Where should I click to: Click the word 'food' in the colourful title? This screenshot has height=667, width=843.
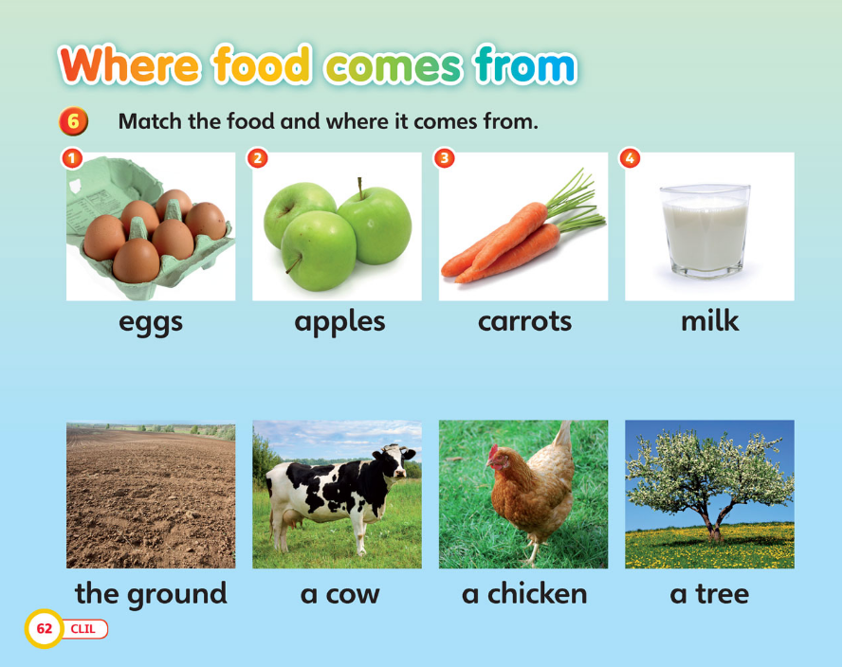click(263, 65)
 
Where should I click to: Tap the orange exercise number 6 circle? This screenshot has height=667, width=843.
click(74, 121)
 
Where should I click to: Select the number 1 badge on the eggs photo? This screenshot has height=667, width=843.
click(72, 158)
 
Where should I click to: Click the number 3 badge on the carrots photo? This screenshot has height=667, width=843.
click(444, 158)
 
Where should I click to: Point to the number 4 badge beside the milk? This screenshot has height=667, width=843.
click(630, 158)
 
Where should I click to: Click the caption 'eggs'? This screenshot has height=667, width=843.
click(151, 323)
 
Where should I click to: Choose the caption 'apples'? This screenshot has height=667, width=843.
click(339, 322)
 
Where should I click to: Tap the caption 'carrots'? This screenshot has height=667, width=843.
click(524, 321)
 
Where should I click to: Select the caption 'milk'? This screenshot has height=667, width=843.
click(709, 320)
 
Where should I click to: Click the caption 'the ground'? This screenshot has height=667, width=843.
click(151, 594)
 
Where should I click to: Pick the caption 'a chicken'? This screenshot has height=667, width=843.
click(524, 593)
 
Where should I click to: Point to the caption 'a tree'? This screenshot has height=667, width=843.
click(709, 594)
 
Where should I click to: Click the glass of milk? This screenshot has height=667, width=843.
click(705, 231)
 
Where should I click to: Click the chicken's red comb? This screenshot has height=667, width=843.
click(492, 452)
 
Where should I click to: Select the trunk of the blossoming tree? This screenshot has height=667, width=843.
click(713, 520)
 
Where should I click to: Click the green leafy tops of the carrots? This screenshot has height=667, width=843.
click(576, 200)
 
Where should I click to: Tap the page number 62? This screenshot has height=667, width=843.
click(44, 628)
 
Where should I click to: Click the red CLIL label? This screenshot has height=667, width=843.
click(83, 629)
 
